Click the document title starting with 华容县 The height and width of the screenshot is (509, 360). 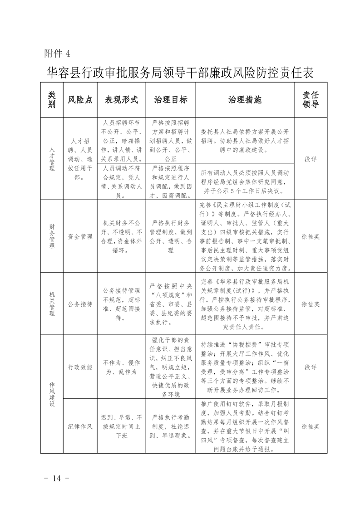pyautogui.click(x=180, y=72)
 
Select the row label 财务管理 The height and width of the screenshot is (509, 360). pyautogui.click(x=53, y=236)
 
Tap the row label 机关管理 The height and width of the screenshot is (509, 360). pyautogui.click(x=53, y=304)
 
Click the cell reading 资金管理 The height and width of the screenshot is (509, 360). pyautogui.click(x=80, y=236)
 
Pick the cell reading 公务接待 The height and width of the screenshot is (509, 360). pyautogui.click(x=80, y=304)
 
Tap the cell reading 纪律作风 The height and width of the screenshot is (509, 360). pyautogui.click(x=80, y=426)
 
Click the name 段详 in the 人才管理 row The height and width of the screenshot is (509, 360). pyautogui.click(x=311, y=159)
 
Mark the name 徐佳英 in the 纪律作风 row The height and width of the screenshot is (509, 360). pyautogui.click(x=311, y=426)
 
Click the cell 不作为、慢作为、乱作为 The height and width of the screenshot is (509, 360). pyautogui.click(x=121, y=367)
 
